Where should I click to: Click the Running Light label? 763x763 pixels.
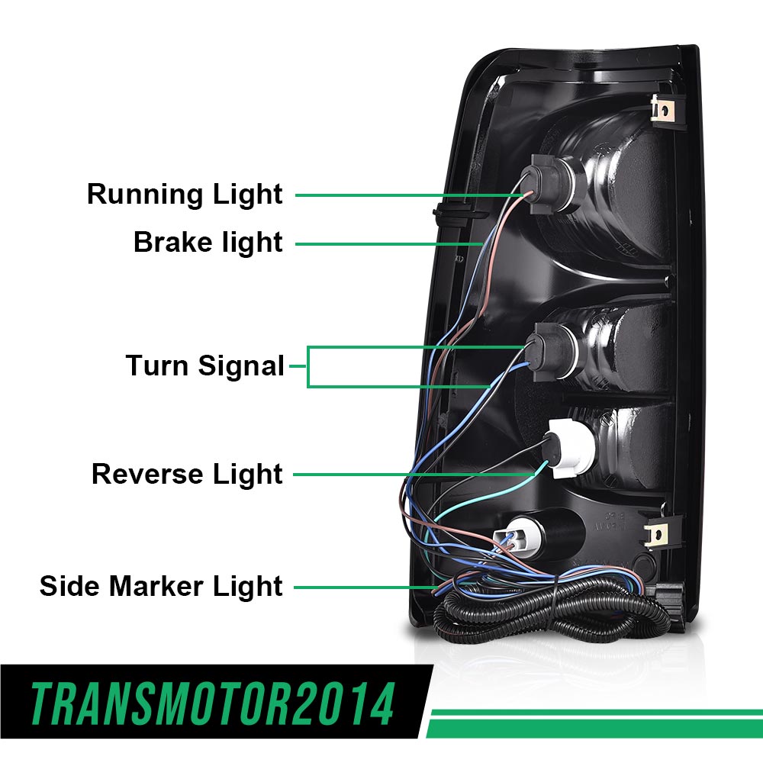185,195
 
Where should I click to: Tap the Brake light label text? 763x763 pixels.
208,243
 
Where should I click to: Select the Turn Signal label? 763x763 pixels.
204,366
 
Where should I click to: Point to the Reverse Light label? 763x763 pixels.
187,474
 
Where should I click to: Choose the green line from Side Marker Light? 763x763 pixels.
359,588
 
